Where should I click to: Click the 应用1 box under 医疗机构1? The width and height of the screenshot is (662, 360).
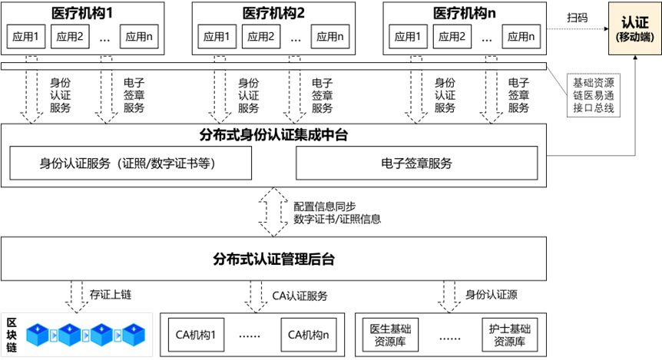[x=25, y=37]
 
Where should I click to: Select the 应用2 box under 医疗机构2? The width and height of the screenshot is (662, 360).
[x=261, y=36]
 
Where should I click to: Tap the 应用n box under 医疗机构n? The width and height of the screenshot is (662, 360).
[x=521, y=36]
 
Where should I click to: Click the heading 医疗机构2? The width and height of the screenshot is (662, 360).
[x=273, y=13]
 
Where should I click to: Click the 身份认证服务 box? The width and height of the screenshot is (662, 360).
[x=130, y=163]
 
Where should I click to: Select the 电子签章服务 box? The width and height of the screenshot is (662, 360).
[x=416, y=163]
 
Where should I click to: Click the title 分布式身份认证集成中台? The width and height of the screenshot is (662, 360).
[x=273, y=135]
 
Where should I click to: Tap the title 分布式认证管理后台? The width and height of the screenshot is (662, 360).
[x=273, y=259]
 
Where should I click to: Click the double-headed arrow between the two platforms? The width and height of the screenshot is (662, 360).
[x=273, y=212]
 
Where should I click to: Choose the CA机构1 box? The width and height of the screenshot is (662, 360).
[x=197, y=335]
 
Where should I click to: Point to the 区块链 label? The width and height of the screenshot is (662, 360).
[x=12, y=334]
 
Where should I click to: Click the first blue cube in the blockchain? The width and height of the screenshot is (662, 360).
[x=38, y=335]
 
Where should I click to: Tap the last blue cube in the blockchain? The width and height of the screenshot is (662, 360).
[x=134, y=335]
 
